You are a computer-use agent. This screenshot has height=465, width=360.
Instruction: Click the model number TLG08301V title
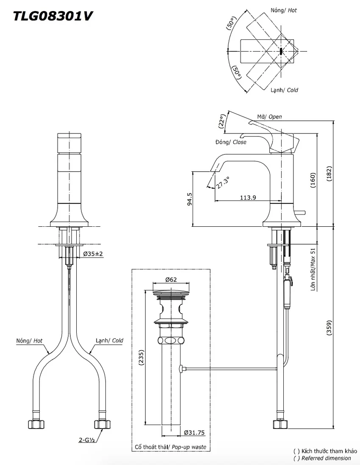click(x=53, y=16)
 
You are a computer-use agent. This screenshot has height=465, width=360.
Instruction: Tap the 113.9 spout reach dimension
click(x=248, y=197)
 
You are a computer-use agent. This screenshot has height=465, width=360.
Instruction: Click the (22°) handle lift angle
click(x=222, y=120)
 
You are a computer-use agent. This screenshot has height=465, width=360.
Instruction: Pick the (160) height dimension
click(x=313, y=180)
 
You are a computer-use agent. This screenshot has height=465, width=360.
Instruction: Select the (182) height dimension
click(x=329, y=173)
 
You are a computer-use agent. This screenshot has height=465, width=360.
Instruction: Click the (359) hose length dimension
click(x=329, y=328)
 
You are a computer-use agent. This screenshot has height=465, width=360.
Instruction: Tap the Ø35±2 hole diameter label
click(x=93, y=254)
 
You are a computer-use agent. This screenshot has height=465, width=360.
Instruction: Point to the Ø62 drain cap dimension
click(x=171, y=279)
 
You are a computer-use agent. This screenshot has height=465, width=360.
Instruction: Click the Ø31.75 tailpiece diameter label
click(x=194, y=433)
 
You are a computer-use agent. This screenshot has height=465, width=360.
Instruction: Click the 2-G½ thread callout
click(x=86, y=440)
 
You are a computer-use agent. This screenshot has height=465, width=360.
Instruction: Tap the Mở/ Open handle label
click(x=269, y=117)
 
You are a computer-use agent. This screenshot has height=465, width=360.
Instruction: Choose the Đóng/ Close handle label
click(x=231, y=142)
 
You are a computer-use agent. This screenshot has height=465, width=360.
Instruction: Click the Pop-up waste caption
click(x=189, y=447)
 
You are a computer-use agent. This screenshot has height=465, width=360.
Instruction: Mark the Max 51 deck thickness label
click(x=313, y=258)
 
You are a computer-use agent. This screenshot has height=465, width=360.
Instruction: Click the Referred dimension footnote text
click(x=326, y=458)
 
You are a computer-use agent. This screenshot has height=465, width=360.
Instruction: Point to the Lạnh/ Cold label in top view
click(x=284, y=90)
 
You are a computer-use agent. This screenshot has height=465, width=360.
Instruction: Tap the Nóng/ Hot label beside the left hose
click(x=29, y=341)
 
